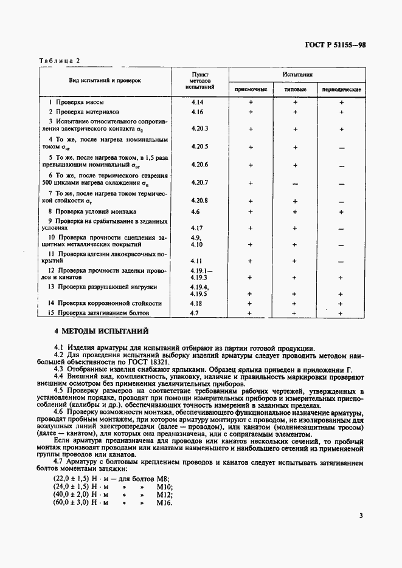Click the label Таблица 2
(x=60, y=61)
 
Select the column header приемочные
(x=251, y=90)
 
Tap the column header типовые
(x=296, y=90)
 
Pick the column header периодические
(x=341, y=90)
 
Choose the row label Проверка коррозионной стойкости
(x=105, y=303)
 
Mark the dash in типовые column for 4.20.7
(x=295, y=183)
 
